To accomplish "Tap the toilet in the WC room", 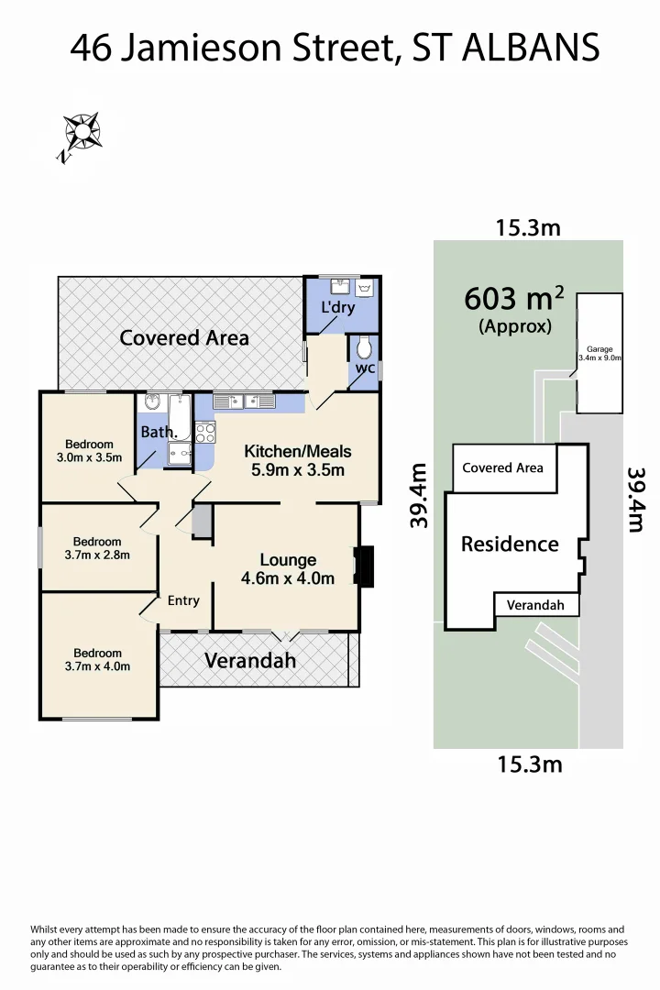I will [x=365, y=348].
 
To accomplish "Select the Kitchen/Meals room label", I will [x=297, y=452].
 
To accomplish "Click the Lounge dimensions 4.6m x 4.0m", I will [x=287, y=578].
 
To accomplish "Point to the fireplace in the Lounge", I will [x=364, y=566].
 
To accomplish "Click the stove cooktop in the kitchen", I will [x=204, y=434].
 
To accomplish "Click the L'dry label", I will [x=336, y=308].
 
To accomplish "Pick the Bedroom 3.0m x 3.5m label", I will [x=89, y=451].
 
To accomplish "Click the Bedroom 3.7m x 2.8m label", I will [x=97, y=548].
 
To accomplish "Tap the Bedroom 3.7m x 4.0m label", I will [x=97, y=660].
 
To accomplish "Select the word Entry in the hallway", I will [x=183, y=600].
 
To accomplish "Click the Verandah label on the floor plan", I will [x=250, y=660].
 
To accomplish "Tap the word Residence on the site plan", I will [x=509, y=544].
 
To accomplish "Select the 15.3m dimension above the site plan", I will [x=527, y=227].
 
